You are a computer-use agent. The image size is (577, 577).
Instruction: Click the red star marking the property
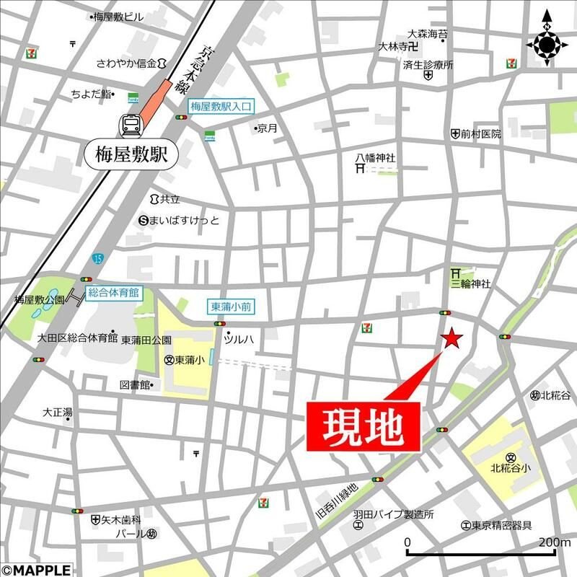(452, 338)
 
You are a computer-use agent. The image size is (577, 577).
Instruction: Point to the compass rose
(547, 45)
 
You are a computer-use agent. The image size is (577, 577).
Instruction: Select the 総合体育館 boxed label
(113, 292)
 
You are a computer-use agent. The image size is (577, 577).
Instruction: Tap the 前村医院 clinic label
(480, 134)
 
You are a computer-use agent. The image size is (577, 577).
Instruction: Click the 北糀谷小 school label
(511, 467)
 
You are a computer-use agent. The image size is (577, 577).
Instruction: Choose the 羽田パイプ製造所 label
(393, 515)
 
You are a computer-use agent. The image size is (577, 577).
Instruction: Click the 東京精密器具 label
(503, 525)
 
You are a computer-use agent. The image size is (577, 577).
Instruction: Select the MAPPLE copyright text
(36, 570)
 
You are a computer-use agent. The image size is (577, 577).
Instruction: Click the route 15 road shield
(97, 258)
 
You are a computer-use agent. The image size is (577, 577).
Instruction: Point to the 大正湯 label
(57, 413)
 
